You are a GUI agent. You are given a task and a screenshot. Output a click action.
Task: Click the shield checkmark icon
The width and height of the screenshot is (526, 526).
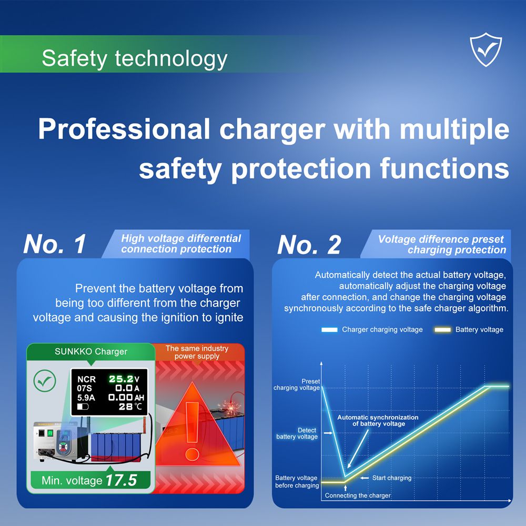(485, 49)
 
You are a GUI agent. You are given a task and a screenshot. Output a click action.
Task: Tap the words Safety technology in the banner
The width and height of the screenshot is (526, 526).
(135, 59)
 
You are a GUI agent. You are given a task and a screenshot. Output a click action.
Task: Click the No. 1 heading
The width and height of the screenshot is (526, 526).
(55, 244)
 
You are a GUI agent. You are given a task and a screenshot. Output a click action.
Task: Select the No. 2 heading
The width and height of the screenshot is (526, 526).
(309, 245)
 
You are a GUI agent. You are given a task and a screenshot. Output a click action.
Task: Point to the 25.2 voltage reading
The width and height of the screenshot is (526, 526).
(121, 379)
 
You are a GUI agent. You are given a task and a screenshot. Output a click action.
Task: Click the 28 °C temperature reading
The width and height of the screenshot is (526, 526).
(130, 407)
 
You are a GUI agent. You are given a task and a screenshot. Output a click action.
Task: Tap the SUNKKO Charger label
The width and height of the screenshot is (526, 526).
(91, 351)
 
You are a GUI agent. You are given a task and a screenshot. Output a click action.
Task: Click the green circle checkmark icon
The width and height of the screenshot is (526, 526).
(45, 381)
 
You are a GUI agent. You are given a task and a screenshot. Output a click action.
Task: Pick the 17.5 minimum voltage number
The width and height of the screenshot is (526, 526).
(121, 480)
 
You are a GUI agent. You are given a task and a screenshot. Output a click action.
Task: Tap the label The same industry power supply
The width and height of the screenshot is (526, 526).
(197, 352)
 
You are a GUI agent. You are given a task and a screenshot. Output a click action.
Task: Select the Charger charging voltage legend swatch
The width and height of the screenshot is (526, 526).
(329, 330)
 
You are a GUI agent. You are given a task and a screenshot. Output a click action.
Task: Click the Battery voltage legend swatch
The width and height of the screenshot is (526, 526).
(443, 330)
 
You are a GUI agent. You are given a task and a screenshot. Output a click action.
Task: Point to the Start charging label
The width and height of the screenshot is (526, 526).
(392, 478)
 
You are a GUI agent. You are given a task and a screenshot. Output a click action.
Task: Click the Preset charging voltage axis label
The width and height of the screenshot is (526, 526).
(297, 385)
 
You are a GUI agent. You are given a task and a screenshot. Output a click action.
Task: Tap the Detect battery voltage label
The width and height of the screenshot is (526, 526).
(297, 433)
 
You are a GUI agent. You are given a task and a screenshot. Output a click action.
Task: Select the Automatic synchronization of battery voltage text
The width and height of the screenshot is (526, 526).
(378, 421)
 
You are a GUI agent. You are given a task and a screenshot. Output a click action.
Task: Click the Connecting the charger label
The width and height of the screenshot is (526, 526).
(358, 495)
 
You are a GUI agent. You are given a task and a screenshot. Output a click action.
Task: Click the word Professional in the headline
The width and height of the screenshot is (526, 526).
(124, 129)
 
